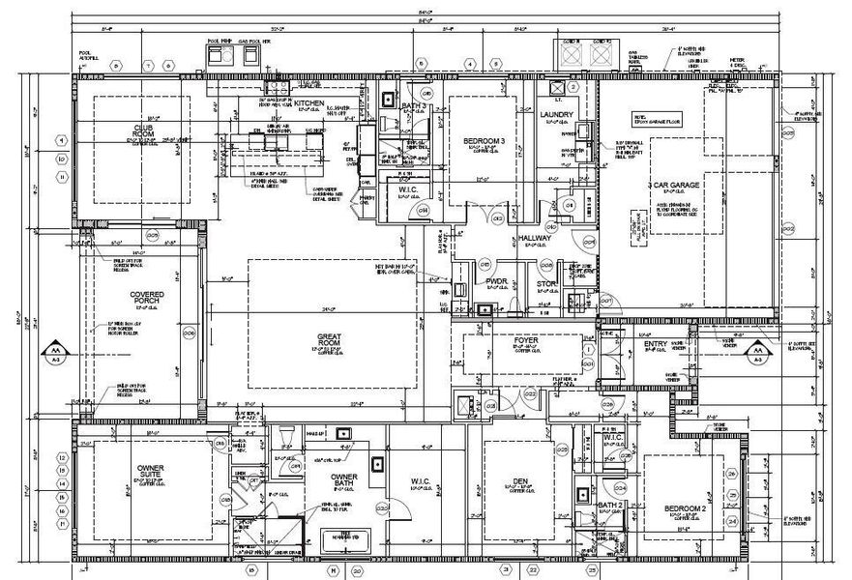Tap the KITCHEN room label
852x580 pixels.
[x=308, y=102]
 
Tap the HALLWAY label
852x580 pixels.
[x=534, y=237]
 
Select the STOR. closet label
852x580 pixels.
[x=546, y=283]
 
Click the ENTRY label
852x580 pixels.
[x=654, y=345]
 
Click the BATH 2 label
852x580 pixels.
[x=608, y=506]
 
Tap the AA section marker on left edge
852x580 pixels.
[x=54, y=353]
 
